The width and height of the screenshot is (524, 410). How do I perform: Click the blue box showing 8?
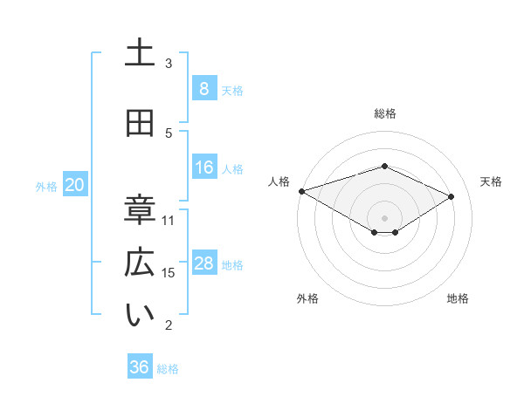click(x=203, y=88)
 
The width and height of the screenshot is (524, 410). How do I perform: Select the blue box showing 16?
click(x=203, y=167)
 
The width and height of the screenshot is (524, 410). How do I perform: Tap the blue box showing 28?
click(x=203, y=263)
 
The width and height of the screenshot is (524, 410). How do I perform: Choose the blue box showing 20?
click(x=75, y=184)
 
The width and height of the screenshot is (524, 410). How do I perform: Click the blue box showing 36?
click(x=140, y=367)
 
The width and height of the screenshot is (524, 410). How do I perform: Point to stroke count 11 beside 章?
click(x=169, y=220)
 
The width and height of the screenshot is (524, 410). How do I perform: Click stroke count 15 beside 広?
click(x=169, y=273)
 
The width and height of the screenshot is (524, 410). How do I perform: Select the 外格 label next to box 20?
click(x=46, y=186)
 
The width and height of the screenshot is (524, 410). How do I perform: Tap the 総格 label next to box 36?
click(x=168, y=369)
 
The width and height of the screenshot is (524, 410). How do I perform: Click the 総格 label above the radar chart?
click(x=384, y=113)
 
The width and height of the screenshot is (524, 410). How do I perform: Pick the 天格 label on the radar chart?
click(x=491, y=181)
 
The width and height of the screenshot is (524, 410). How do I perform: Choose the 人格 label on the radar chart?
click(x=279, y=181)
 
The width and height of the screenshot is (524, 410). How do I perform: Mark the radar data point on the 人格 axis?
click(x=301, y=191)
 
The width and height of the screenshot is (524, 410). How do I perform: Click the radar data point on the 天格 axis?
click(x=452, y=196)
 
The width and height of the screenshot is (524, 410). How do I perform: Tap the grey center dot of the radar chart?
click(x=384, y=217)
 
